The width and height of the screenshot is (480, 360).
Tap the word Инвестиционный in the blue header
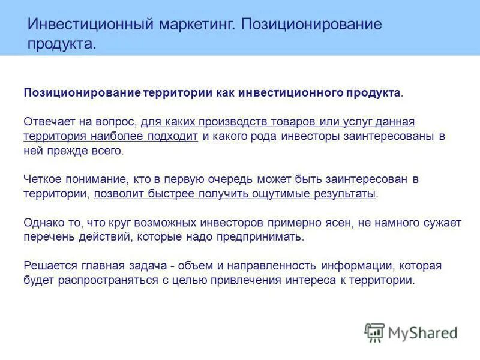click(90, 25)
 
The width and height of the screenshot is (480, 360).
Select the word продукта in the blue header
click(60, 44)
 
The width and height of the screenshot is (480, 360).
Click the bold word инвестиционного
click(290, 93)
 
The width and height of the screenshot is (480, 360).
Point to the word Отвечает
click(49, 122)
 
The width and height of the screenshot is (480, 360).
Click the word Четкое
click(41, 179)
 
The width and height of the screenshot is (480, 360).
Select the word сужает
click(442, 223)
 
